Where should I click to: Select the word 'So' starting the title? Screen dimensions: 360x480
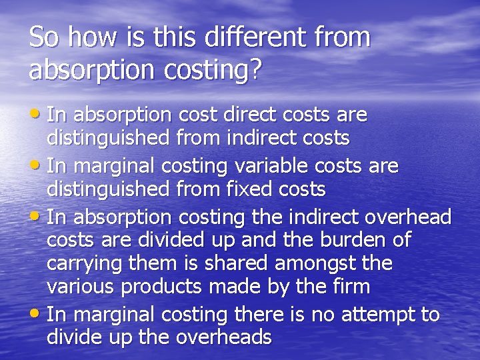pos(42,37)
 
